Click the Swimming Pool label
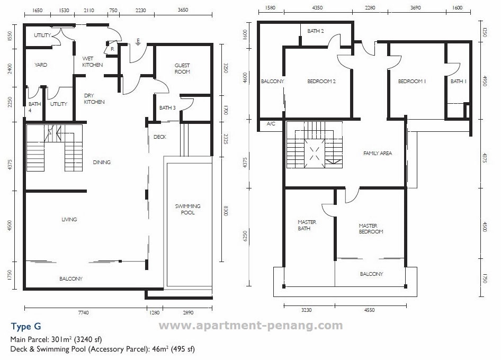click(x=187, y=209)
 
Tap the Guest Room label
click(x=182, y=68)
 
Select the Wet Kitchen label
click(x=92, y=61)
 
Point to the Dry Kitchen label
click(x=94, y=98)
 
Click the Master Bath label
click(x=307, y=225)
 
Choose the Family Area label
click(x=378, y=154)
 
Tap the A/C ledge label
click(x=271, y=124)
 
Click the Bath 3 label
click(x=167, y=107)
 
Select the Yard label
click(x=41, y=65)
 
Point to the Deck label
click(x=160, y=137)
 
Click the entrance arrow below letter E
click(x=138, y=44)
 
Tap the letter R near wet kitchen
click(x=112, y=49)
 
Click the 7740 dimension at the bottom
click(x=83, y=312)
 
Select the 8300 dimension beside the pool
click(x=226, y=211)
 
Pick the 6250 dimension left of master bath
click(x=245, y=236)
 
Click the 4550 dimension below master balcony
click(x=369, y=310)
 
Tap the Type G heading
click(x=26, y=327)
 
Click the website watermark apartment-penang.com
click(x=251, y=326)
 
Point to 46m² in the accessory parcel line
click(x=160, y=349)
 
